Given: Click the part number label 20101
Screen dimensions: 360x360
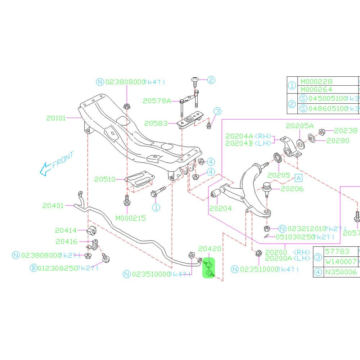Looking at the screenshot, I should point(56,118).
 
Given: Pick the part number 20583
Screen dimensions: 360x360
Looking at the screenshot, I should point(156,123).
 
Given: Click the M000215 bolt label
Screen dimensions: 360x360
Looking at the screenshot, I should point(130,219).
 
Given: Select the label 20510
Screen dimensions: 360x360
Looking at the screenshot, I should point(105,179).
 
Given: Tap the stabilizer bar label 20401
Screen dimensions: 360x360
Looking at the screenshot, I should point(53,206).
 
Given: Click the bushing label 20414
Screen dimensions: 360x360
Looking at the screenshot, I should point(66,230).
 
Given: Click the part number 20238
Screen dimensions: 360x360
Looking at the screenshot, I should point(346,131).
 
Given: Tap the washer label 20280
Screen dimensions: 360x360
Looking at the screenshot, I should point(338,141).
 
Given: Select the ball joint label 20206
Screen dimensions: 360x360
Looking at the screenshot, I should point(292,189).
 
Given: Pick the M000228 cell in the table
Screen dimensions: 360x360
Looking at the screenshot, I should point(316,82).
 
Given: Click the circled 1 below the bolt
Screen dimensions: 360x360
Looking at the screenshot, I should point(156,207).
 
